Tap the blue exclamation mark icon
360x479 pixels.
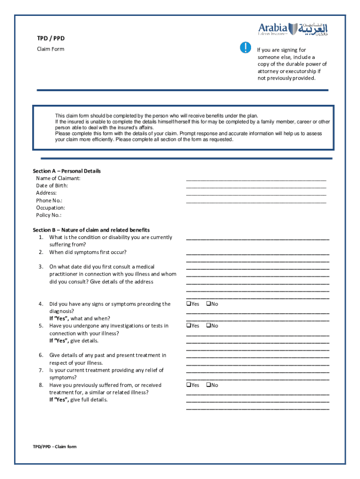245,47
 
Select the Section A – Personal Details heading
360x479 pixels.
66,171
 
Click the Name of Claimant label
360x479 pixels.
58,178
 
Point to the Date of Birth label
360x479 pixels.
52,186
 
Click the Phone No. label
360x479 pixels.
49,200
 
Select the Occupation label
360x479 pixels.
50,208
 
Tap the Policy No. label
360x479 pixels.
49,215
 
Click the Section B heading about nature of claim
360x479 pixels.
91,230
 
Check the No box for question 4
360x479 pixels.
209,304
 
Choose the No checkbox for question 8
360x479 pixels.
209,385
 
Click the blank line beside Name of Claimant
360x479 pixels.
256,179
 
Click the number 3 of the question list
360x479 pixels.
41,267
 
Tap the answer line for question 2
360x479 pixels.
258,254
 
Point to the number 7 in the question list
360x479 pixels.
41,370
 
